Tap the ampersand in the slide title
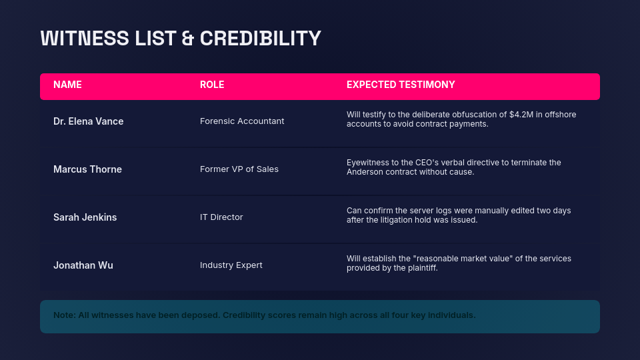coord(188,38)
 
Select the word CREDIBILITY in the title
coord(261,38)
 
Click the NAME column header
coord(67,85)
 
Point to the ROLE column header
coord(212,85)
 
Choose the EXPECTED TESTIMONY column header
coord(401,85)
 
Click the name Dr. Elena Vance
coord(88,121)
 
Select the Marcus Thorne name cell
coord(87,169)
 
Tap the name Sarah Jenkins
coord(85,217)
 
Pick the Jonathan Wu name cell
coord(83,265)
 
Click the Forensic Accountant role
coord(242,121)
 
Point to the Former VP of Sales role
coord(239,169)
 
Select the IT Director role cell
coord(221,217)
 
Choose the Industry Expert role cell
coord(231,265)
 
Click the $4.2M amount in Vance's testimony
coord(520,115)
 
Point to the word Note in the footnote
coord(64,315)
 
